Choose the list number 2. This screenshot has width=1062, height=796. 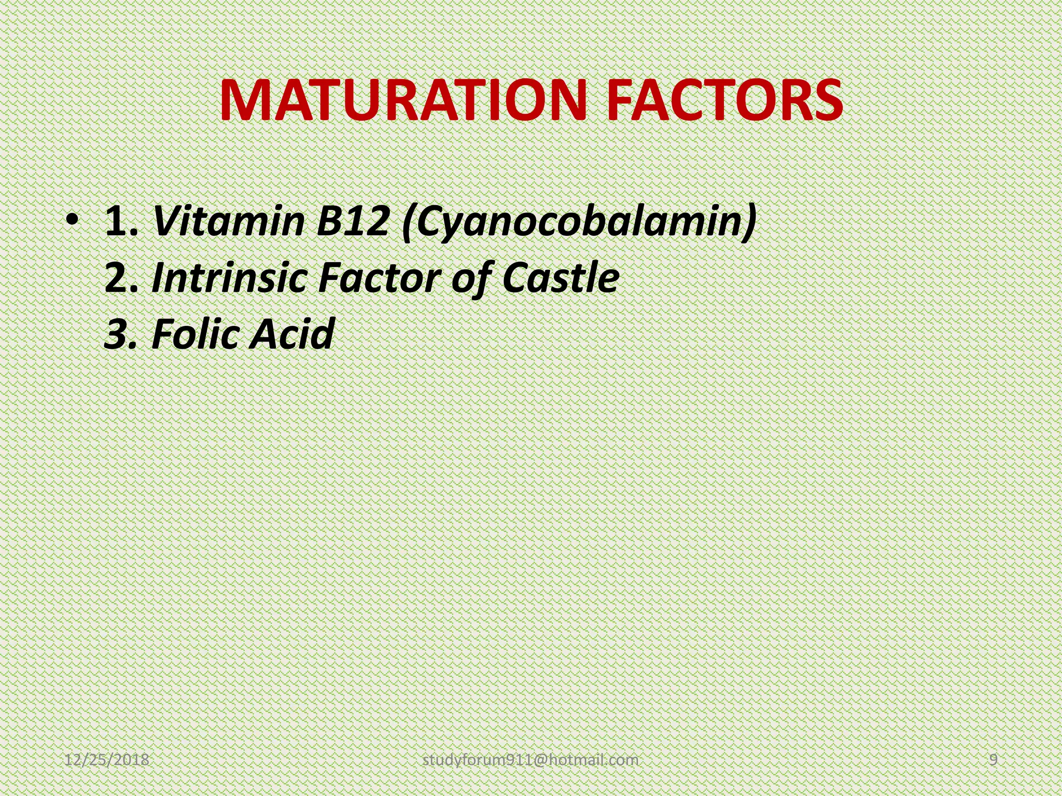coord(120,278)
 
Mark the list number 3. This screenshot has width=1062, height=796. coord(120,334)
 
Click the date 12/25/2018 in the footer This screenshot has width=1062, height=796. coord(107,760)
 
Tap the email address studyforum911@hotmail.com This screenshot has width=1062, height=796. coord(530,760)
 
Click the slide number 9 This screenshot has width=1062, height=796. coord(994,760)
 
